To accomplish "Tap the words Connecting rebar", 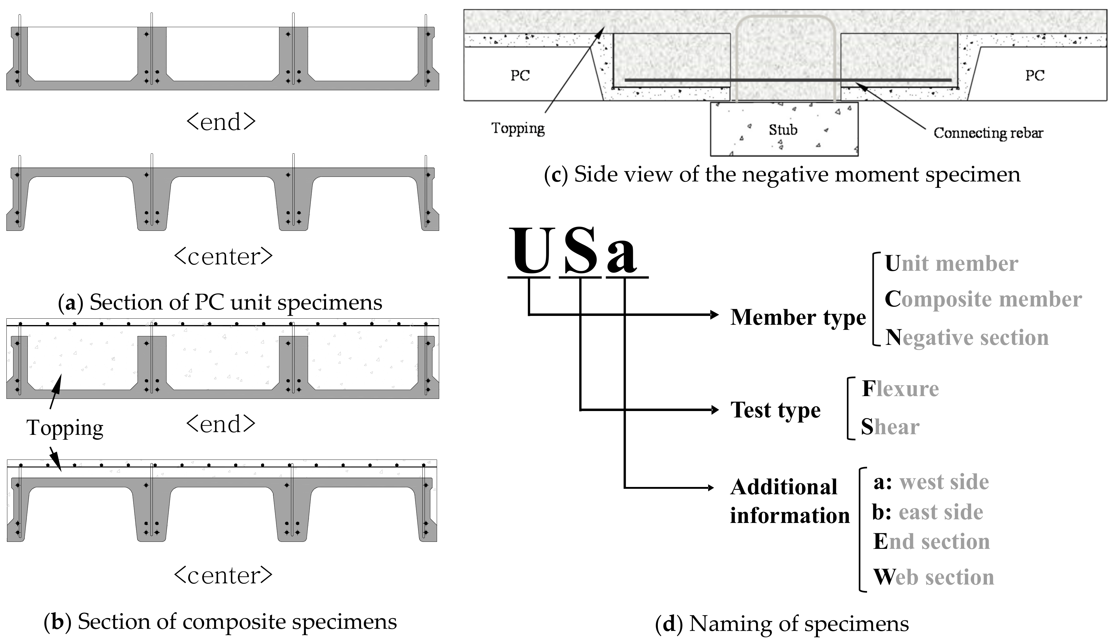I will click(x=988, y=133).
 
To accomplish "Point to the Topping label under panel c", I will click(x=518, y=128).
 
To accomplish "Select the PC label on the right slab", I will click(x=1034, y=75).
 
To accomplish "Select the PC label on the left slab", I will click(x=520, y=75).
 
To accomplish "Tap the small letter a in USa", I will click(x=622, y=256).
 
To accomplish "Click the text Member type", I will click(x=798, y=317).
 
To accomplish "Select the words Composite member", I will click(x=983, y=299).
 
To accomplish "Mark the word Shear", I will click(x=890, y=427).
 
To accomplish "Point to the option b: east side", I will click(x=927, y=512).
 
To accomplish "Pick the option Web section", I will click(x=933, y=577).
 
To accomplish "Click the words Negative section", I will click(x=967, y=338).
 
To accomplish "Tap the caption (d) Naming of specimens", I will click(x=782, y=624).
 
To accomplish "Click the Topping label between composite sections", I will click(x=65, y=428).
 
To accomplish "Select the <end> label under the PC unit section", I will click(x=221, y=122).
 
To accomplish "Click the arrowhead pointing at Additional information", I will click(x=711, y=488).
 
